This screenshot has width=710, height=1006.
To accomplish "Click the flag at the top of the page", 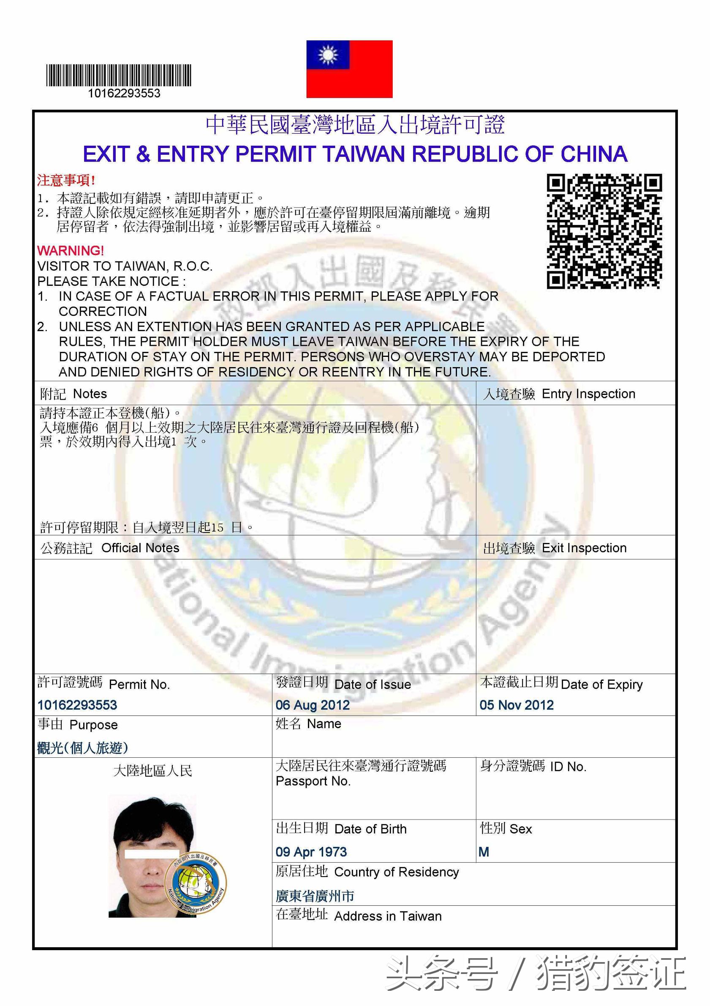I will pyautogui.click(x=349, y=69).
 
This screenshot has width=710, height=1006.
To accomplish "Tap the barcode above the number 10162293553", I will pyautogui.click(x=119, y=75).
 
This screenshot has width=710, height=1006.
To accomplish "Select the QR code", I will pyautogui.click(x=604, y=231).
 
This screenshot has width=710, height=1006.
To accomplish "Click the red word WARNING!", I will pyautogui.click(x=71, y=251).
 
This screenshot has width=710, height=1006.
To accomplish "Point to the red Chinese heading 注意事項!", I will pyautogui.click(x=66, y=180).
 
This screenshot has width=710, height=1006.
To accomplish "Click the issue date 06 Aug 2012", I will pyautogui.click(x=313, y=705).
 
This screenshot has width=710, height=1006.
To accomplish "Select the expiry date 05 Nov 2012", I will pyautogui.click(x=517, y=705).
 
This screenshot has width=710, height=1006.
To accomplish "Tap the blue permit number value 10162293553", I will pyautogui.click(x=77, y=705).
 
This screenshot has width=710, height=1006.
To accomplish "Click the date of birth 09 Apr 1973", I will pyautogui.click(x=311, y=852).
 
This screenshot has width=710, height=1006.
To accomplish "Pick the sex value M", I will pyautogui.click(x=484, y=852).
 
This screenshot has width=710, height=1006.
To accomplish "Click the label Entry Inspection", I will pyautogui.click(x=588, y=394).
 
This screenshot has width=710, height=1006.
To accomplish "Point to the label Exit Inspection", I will pyautogui.click(x=584, y=548).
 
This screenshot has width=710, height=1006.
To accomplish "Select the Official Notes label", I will pyautogui.click(x=140, y=548).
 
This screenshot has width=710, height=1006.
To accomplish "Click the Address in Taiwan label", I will pyautogui.click(x=387, y=916).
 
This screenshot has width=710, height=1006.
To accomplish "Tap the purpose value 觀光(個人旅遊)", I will pyautogui.click(x=83, y=748).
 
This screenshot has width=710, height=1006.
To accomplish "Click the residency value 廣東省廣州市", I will pyautogui.click(x=315, y=896).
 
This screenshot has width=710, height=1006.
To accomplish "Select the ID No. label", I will pyautogui.click(x=568, y=767).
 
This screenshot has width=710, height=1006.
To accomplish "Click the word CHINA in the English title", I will pyautogui.click(x=593, y=154).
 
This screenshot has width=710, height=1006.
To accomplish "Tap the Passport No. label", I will pyautogui.click(x=313, y=781).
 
